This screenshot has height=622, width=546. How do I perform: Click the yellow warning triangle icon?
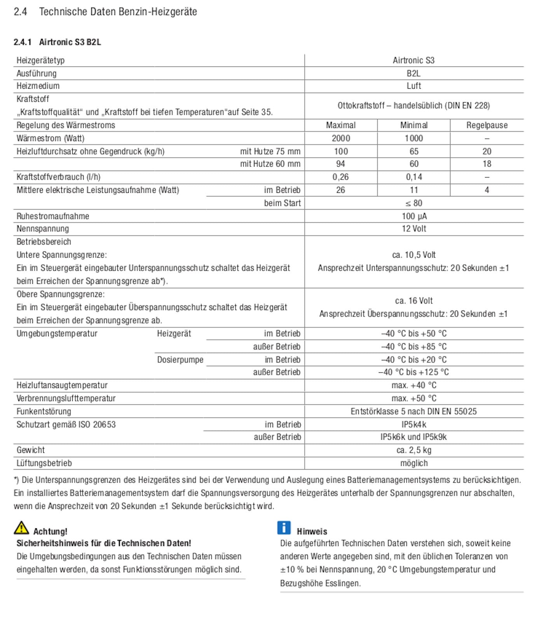point(21,528)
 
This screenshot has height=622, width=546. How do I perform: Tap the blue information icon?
point(284,528)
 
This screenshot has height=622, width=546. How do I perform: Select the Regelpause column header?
point(487,125)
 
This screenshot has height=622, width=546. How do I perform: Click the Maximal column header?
point(340,125)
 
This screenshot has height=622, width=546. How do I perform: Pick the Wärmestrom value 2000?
point(340,138)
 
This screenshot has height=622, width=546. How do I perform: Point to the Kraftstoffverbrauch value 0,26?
point(340,177)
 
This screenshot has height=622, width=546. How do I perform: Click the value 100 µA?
point(414,216)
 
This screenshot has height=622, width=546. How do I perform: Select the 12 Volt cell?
point(414,229)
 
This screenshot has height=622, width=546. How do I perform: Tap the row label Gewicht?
point(31,450)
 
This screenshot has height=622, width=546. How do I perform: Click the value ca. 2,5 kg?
point(414,450)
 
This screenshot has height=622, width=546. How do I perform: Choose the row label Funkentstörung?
point(44,411)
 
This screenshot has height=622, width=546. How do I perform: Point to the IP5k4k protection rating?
point(414,425)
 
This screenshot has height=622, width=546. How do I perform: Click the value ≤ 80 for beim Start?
point(414,203)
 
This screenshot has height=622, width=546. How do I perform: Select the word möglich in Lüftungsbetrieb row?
point(414,463)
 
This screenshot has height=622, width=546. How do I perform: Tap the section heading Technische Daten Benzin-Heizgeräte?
point(118,12)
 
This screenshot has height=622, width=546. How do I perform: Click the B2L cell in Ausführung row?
point(413,73)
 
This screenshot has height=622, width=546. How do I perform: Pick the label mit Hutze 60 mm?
point(270,164)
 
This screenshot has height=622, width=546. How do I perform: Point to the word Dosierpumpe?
point(180,360)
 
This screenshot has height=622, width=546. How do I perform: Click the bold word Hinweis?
point(312,531)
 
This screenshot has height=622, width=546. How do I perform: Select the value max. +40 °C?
point(414,385)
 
